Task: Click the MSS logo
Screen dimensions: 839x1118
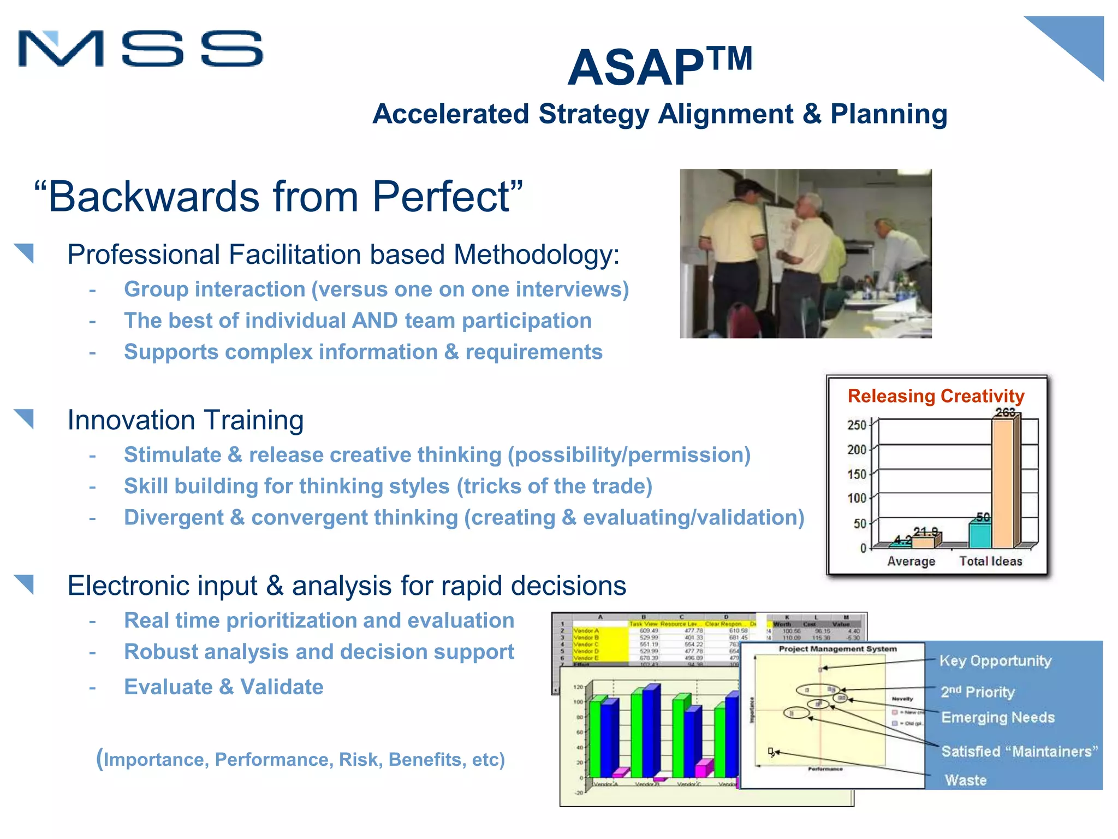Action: coord(140,49)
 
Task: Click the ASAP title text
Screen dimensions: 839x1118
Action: coord(636,68)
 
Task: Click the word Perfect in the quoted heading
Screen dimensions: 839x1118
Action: coord(441,197)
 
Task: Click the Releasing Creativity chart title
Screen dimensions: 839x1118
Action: coord(936,395)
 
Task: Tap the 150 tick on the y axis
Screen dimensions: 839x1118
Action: coord(857,474)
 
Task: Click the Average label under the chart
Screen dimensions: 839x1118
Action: coord(911,561)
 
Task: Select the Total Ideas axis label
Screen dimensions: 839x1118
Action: coord(990,561)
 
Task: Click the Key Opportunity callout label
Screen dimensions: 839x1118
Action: coord(995,661)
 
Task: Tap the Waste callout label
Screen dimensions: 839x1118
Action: coord(965,780)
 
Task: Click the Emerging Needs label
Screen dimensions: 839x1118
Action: coord(997,717)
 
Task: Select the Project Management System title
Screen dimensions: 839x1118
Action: coord(837,649)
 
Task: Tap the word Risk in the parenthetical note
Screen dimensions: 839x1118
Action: coord(359,759)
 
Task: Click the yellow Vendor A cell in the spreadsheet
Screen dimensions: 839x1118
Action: coord(587,631)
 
